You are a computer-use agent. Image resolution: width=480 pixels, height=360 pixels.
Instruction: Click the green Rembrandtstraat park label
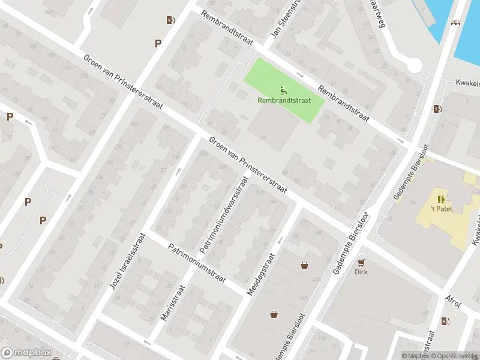click(x=284, y=101)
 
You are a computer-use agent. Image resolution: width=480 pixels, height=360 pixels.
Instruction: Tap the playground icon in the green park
click(x=284, y=91)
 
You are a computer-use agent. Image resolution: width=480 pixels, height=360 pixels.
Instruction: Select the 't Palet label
click(x=441, y=209)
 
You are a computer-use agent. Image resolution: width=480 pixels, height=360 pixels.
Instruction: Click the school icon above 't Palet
click(x=441, y=199)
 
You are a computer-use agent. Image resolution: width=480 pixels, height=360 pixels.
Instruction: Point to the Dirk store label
click(x=361, y=271)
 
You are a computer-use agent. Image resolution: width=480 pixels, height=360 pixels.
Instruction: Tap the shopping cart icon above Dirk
click(x=361, y=262)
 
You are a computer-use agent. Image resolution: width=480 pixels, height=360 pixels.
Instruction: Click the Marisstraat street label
click(x=174, y=303)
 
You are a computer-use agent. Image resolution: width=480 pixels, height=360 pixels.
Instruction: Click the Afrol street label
click(x=453, y=301)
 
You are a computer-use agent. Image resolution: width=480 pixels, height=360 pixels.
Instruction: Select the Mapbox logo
click(x=26, y=353)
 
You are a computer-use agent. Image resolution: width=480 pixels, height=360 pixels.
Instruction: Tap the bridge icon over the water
click(x=456, y=23)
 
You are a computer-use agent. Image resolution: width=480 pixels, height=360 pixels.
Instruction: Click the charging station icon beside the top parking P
click(x=170, y=20)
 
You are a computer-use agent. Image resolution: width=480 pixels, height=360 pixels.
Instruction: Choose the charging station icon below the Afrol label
click(x=445, y=322)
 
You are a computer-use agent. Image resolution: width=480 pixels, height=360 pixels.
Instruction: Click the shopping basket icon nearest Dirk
click(x=305, y=265)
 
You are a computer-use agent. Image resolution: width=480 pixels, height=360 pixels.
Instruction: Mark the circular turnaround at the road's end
click(x=414, y=65)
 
